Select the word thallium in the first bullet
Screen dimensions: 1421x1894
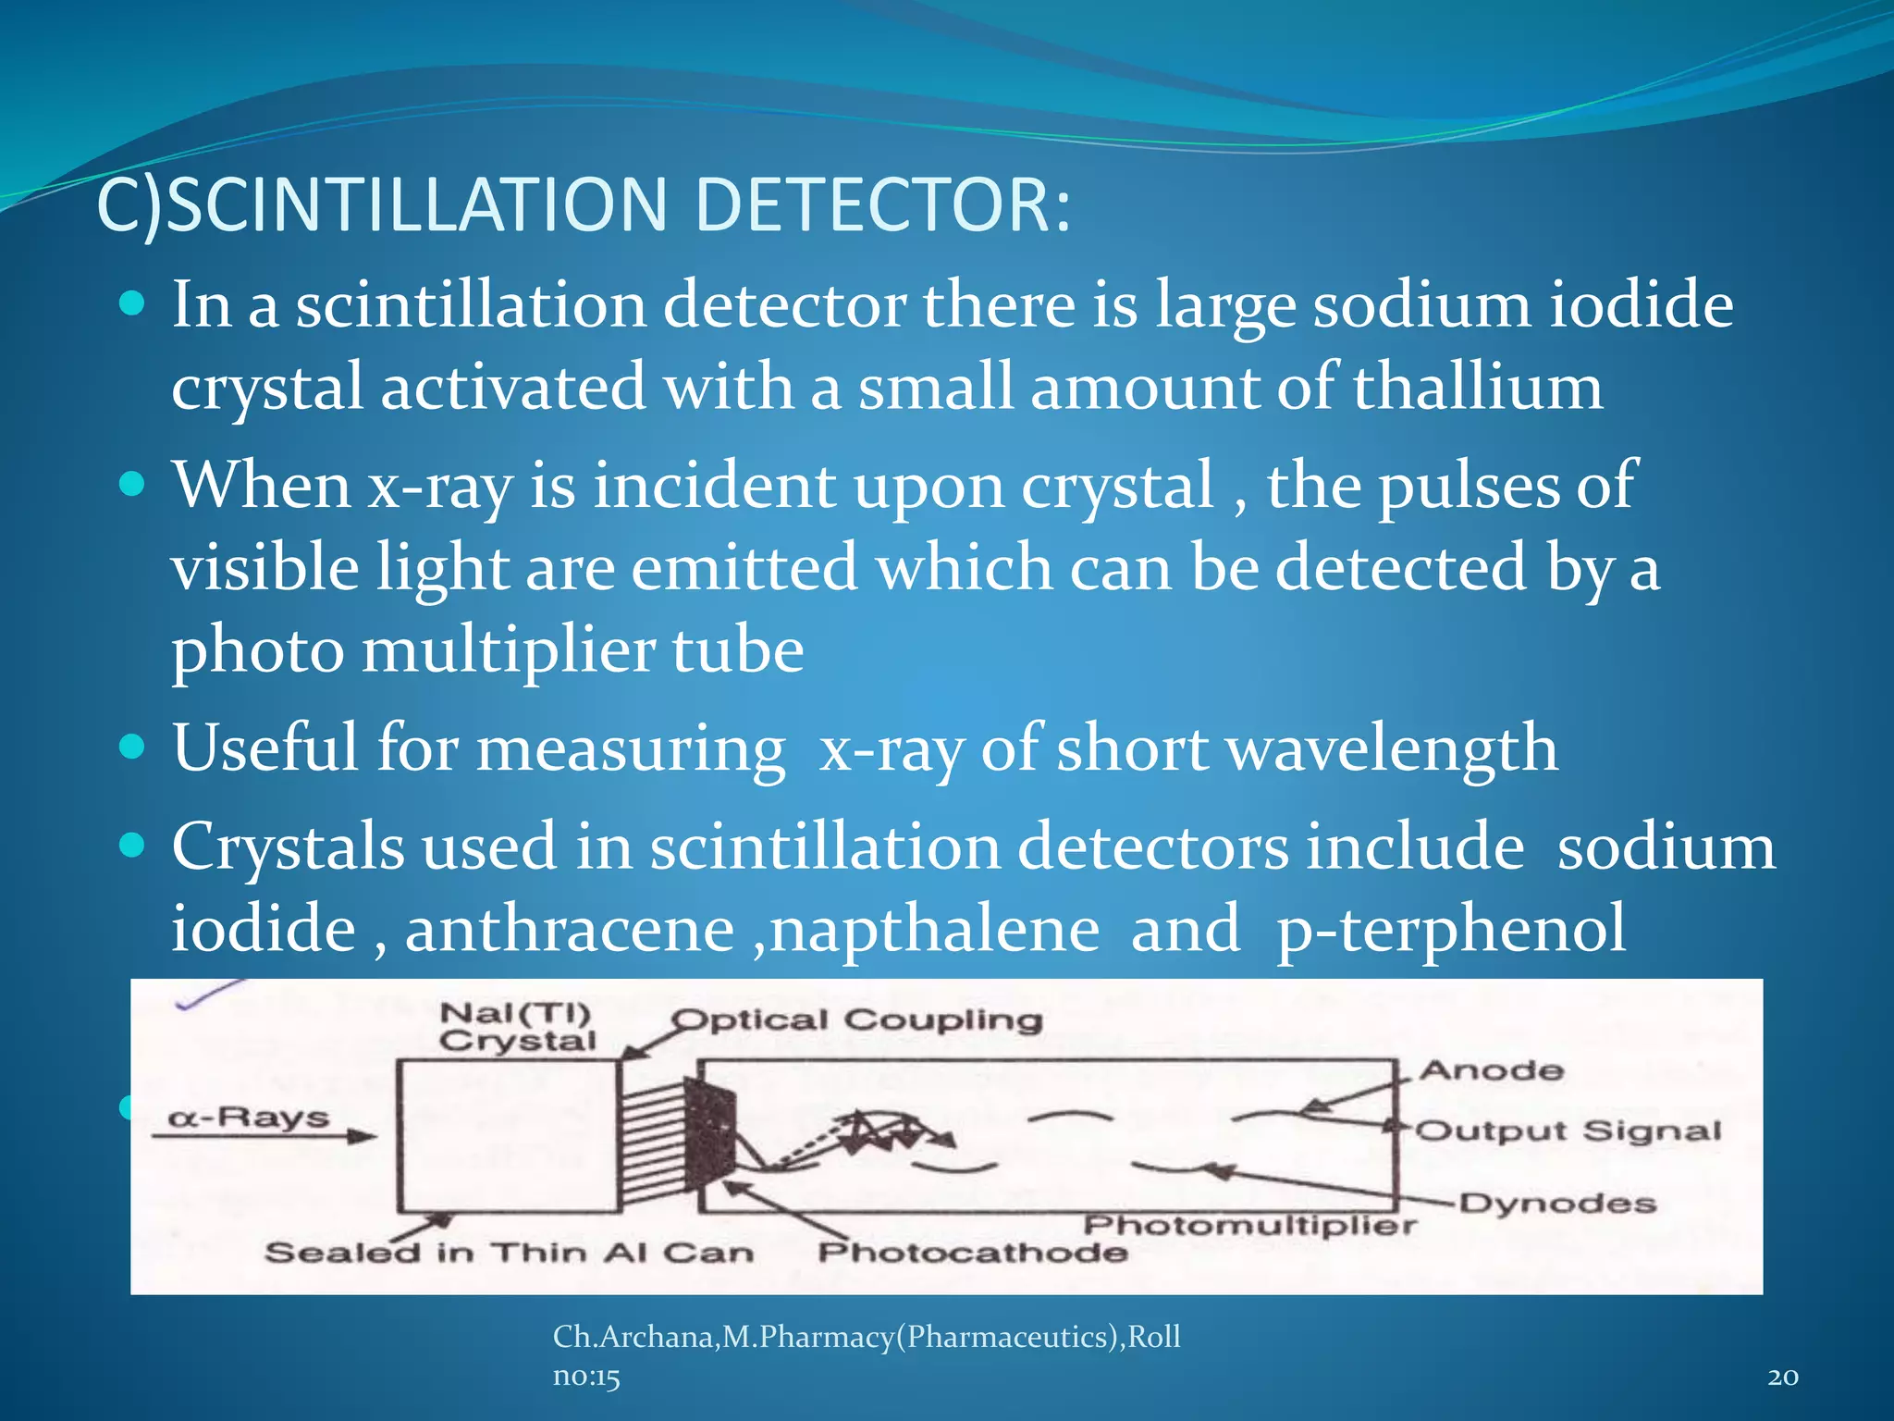tap(1477, 387)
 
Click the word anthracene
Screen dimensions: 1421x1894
tap(569, 929)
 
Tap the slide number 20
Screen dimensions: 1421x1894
tap(1782, 1378)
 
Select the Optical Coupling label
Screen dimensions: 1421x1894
tap(856, 1020)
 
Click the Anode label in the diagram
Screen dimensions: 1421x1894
tap(1491, 1071)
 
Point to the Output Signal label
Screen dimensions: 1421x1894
tap(1568, 1131)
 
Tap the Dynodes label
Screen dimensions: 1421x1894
tap(1557, 1204)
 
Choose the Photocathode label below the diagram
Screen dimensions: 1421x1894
tap(972, 1253)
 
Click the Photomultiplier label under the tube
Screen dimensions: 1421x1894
tap(1248, 1226)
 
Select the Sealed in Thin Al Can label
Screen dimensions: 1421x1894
tap(509, 1253)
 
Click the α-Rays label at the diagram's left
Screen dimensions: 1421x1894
tap(248, 1118)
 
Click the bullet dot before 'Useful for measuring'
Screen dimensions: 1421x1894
tap(133, 746)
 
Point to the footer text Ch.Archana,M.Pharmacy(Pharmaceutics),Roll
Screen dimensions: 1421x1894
tap(866, 1337)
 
